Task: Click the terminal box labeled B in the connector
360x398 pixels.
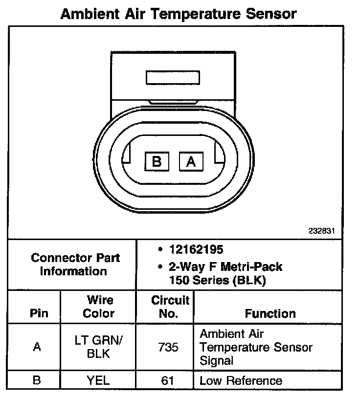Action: [x=157, y=161]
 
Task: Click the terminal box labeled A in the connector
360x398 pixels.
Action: [x=191, y=161]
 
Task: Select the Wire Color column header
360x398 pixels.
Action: [x=99, y=307]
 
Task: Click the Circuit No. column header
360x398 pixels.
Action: [x=170, y=307]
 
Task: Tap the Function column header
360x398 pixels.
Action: [x=270, y=313]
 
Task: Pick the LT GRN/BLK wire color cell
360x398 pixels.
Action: [x=99, y=347]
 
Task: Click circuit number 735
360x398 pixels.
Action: [x=168, y=348]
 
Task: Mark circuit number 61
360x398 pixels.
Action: [x=168, y=380]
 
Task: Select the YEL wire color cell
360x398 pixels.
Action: [x=99, y=380]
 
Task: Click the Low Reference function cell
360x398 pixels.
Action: [x=241, y=380]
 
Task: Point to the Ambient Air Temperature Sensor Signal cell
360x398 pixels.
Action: [x=255, y=348]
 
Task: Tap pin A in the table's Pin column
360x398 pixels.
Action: [x=37, y=348]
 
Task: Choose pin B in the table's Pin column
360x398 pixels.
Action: [x=37, y=380]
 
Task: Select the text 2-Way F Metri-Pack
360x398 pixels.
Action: [x=225, y=267]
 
